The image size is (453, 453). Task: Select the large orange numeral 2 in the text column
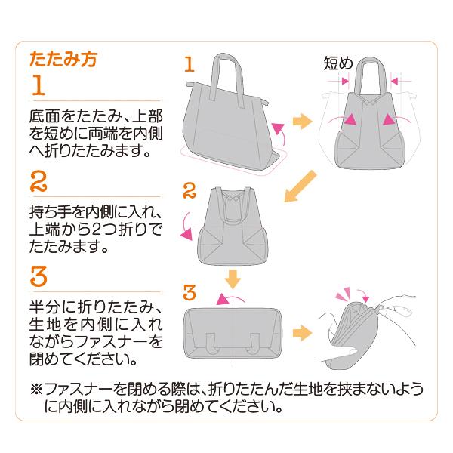click(39, 181)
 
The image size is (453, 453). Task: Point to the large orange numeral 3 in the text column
click(39, 277)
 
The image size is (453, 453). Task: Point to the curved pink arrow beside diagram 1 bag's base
click(280, 136)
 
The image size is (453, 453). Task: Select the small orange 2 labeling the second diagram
click(190, 188)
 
